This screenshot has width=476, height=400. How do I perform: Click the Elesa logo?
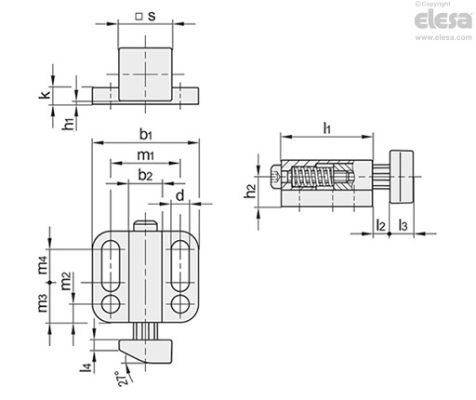pyautogui.click(x=443, y=20)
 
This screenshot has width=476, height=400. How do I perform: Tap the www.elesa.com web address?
pyautogui.click(x=443, y=37)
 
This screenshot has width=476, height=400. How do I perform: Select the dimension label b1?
pyautogui.click(x=146, y=135)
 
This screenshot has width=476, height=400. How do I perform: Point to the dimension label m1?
pyautogui.click(x=146, y=154)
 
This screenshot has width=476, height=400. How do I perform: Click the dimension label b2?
pyautogui.click(x=145, y=175)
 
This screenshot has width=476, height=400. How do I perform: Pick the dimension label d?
pyautogui.click(x=180, y=195)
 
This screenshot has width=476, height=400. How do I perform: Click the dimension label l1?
pyautogui.click(x=327, y=127)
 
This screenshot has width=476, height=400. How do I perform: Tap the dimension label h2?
pyautogui.click(x=250, y=191)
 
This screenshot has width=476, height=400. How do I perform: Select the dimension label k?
pyautogui.click(x=45, y=95)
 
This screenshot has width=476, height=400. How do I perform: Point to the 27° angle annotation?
pyautogui.click(x=122, y=379)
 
